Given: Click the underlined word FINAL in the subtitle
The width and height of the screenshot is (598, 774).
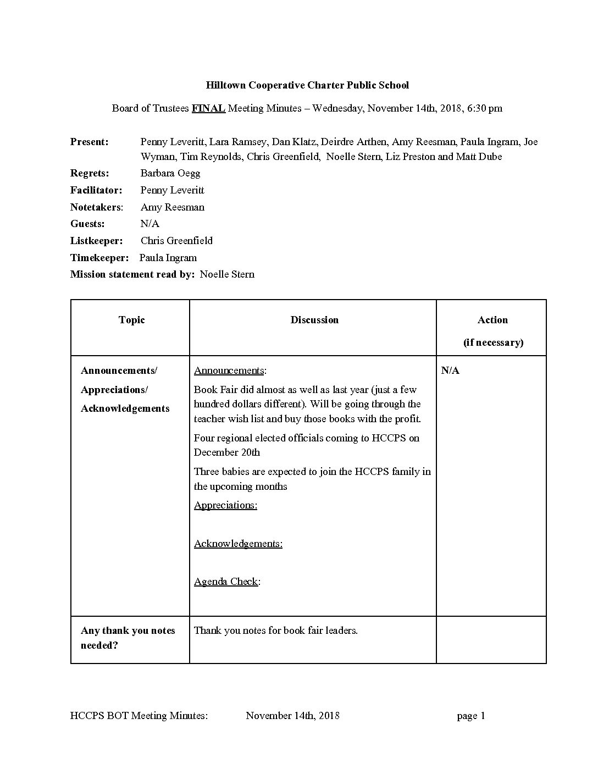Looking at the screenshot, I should [208, 108].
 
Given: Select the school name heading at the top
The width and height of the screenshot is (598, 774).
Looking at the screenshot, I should [307, 85].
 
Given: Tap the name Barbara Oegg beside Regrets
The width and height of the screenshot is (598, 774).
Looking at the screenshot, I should [170, 173].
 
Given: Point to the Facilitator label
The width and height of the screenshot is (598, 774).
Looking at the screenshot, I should [96, 190].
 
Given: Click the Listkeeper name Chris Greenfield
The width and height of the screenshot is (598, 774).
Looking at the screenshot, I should [176, 241].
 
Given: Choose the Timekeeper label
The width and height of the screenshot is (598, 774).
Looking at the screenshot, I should [99, 258].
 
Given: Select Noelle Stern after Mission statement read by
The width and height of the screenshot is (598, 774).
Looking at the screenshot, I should [227, 274].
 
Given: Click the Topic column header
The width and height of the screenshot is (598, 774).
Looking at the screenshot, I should [131, 320].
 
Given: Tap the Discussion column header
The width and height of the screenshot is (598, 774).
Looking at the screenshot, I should [314, 320].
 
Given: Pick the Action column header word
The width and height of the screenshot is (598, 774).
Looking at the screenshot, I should [492, 320].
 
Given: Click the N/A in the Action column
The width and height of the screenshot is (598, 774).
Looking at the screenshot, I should [450, 371].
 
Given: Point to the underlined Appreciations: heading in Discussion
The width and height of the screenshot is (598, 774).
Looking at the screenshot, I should [225, 505].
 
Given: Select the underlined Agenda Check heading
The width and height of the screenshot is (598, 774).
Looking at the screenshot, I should [226, 582].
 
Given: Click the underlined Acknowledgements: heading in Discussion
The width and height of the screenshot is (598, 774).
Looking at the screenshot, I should [238, 544].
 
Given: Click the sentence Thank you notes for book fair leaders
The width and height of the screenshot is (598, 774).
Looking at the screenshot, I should [276, 631].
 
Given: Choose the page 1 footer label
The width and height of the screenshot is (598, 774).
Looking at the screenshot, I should [471, 716].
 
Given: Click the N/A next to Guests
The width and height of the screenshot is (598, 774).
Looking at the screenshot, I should [150, 224].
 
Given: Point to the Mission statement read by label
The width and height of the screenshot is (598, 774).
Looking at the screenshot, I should [132, 274].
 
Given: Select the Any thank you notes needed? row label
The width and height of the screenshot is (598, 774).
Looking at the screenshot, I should [128, 638].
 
